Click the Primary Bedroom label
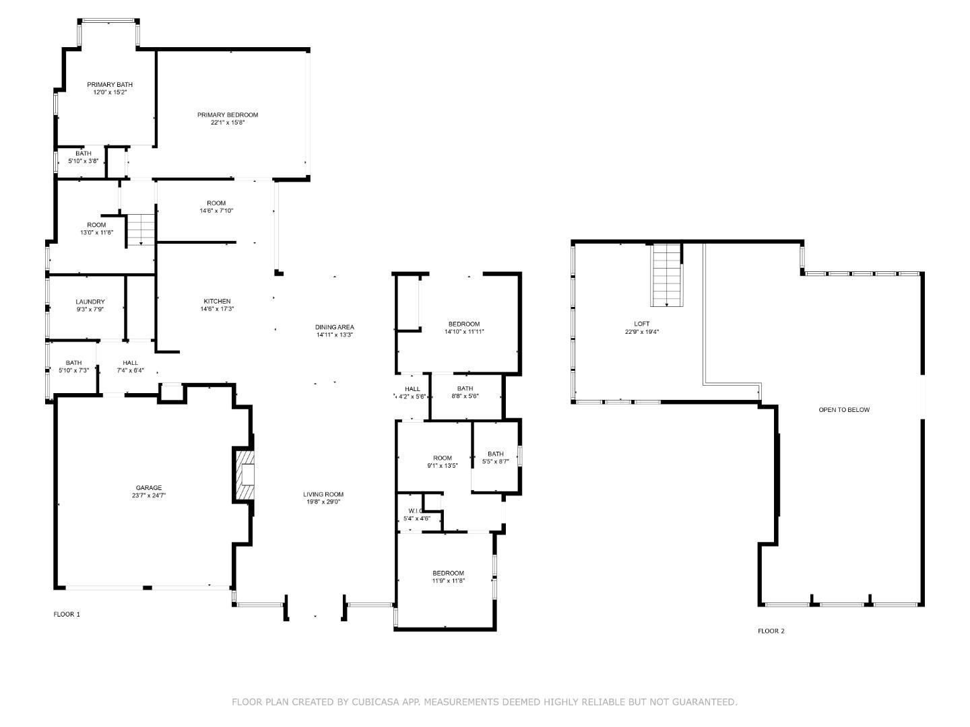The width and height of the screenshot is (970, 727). (x=227, y=115)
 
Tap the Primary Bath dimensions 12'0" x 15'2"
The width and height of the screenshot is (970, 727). (x=110, y=92)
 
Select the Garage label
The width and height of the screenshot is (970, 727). (x=149, y=488)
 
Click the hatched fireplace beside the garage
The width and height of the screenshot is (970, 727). (x=245, y=475)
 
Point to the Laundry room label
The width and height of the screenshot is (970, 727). (x=90, y=302)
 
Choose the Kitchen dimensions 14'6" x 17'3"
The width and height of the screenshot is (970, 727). (x=217, y=309)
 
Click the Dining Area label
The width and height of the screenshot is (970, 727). (x=334, y=327)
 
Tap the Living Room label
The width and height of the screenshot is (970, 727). (x=323, y=494)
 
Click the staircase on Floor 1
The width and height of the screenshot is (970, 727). (x=141, y=229)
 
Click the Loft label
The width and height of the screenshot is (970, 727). (x=642, y=324)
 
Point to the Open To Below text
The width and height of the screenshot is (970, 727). (x=844, y=410)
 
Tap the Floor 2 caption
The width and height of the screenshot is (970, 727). (x=771, y=631)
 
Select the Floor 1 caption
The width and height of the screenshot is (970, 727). (x=67, y=614)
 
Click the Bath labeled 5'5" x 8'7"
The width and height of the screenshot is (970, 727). (x=496, y=454)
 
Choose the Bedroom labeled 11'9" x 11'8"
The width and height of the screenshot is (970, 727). (x=448, y=573)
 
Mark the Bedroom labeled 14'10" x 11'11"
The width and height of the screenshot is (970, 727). (x=464, y=324)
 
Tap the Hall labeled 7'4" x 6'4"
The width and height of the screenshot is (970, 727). (x=130, y=363)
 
